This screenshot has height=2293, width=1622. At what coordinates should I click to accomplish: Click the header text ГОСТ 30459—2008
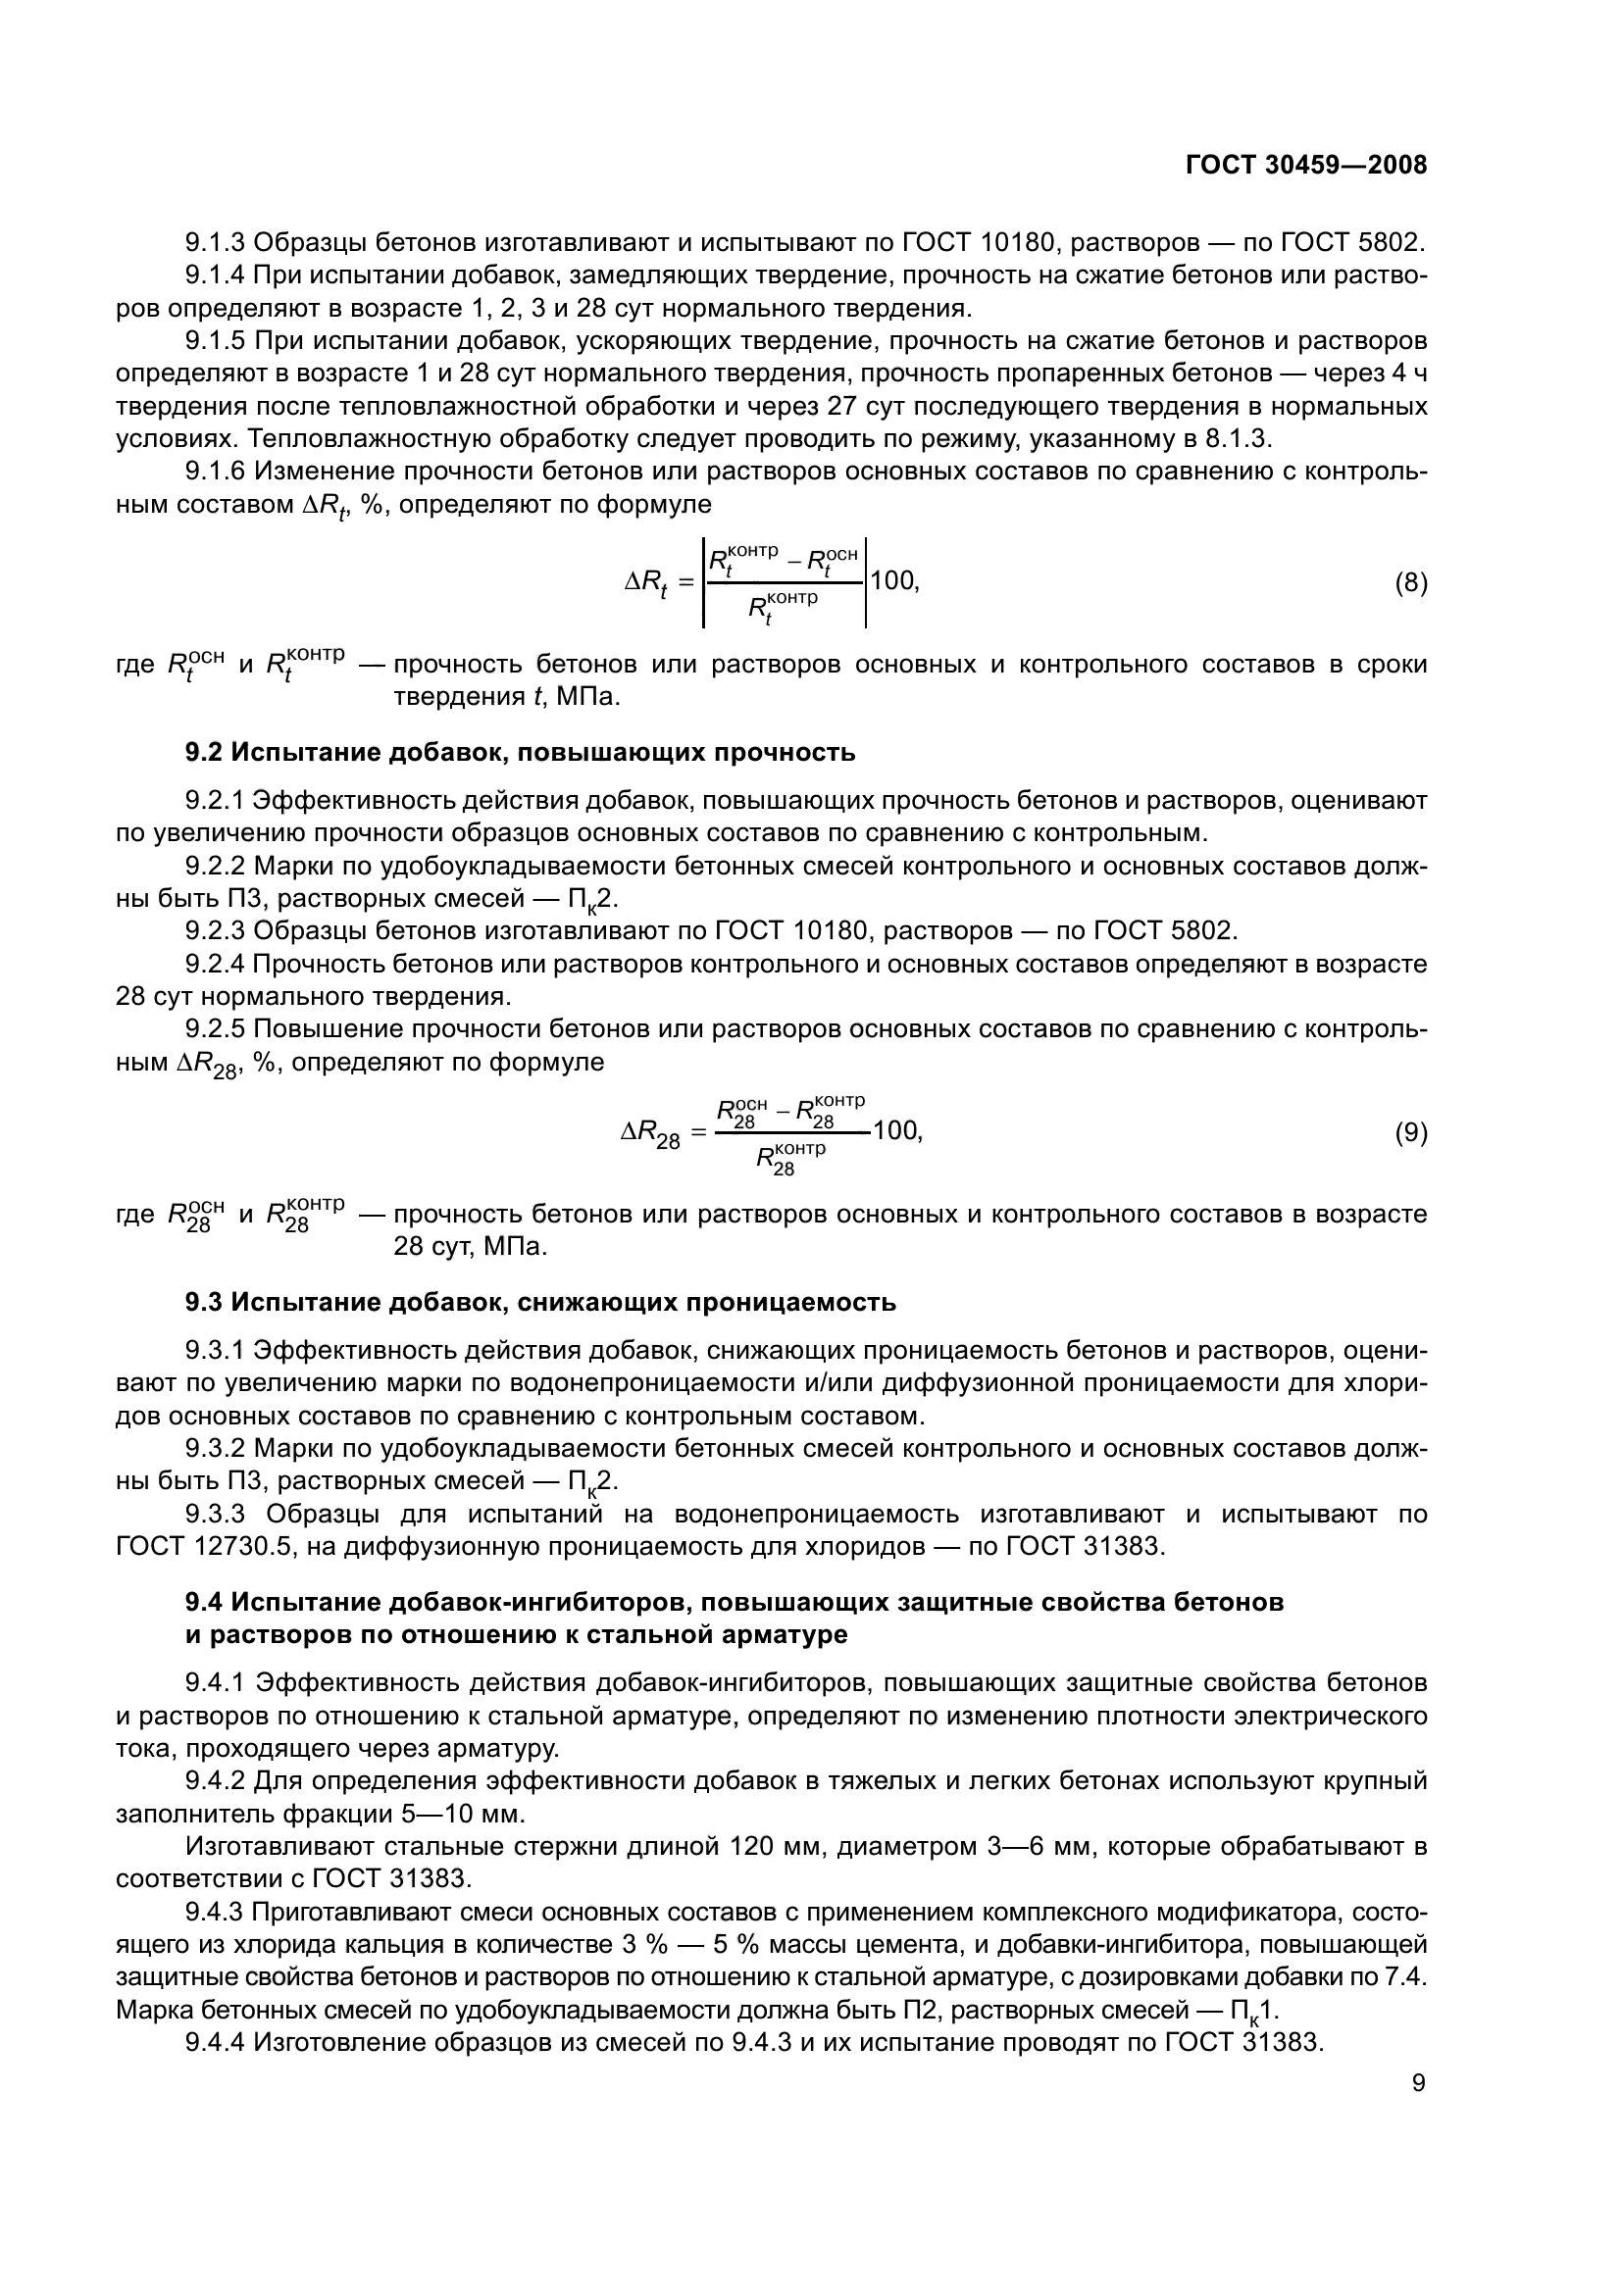1305,165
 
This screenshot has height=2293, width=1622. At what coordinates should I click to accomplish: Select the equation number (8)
1410,582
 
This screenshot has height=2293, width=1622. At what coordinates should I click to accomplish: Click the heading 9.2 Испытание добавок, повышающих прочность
520,752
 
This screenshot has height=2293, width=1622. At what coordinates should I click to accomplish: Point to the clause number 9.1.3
215,243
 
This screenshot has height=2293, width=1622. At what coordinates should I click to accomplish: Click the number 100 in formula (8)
893,580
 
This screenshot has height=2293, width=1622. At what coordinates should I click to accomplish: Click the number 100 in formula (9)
896,1130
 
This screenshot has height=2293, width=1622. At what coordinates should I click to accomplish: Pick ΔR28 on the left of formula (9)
650,1134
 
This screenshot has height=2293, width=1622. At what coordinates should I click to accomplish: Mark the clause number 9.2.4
215,964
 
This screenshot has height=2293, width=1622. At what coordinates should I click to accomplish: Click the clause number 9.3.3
215,1514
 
